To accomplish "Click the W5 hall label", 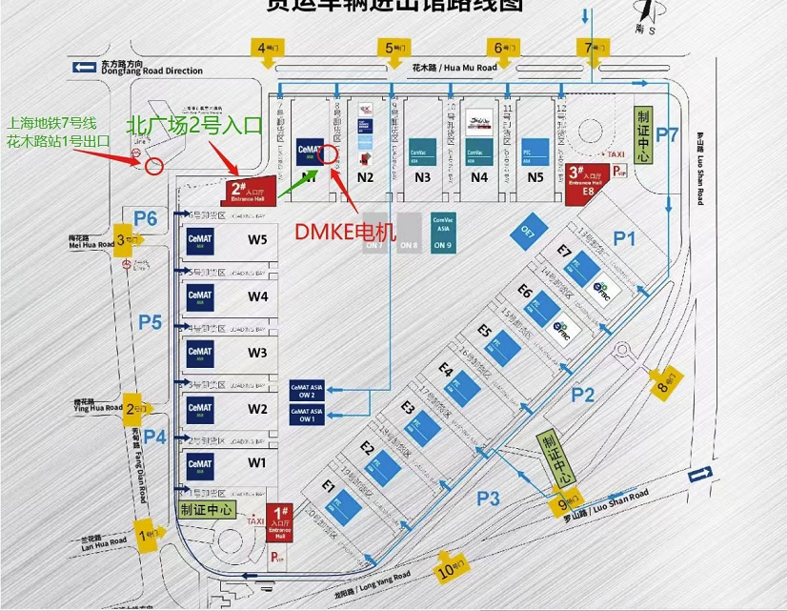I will click(x=257, y=239).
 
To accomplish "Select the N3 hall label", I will click(x=422, y=177).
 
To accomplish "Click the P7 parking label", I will click(x=667, y=134).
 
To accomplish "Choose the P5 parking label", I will click(x=150, y=322).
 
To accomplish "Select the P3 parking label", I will click(x=488, y=497).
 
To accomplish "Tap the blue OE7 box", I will click(x=526, y=231).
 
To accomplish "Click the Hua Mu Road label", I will click(x=454, y=68).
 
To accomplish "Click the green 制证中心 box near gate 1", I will click(x=206, y=510).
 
